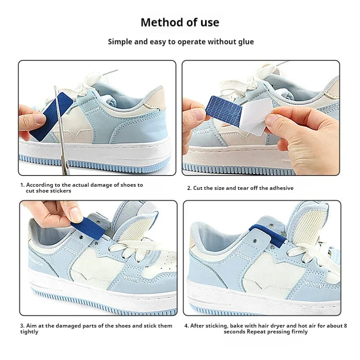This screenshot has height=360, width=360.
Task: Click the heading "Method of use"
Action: click(180, 22)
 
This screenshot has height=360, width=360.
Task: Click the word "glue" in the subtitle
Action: click(245, 42)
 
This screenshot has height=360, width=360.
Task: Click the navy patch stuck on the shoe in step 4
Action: click(269, 234)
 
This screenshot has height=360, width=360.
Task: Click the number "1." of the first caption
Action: click(22, 185)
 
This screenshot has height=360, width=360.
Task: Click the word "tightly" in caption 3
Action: click(29, 332)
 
